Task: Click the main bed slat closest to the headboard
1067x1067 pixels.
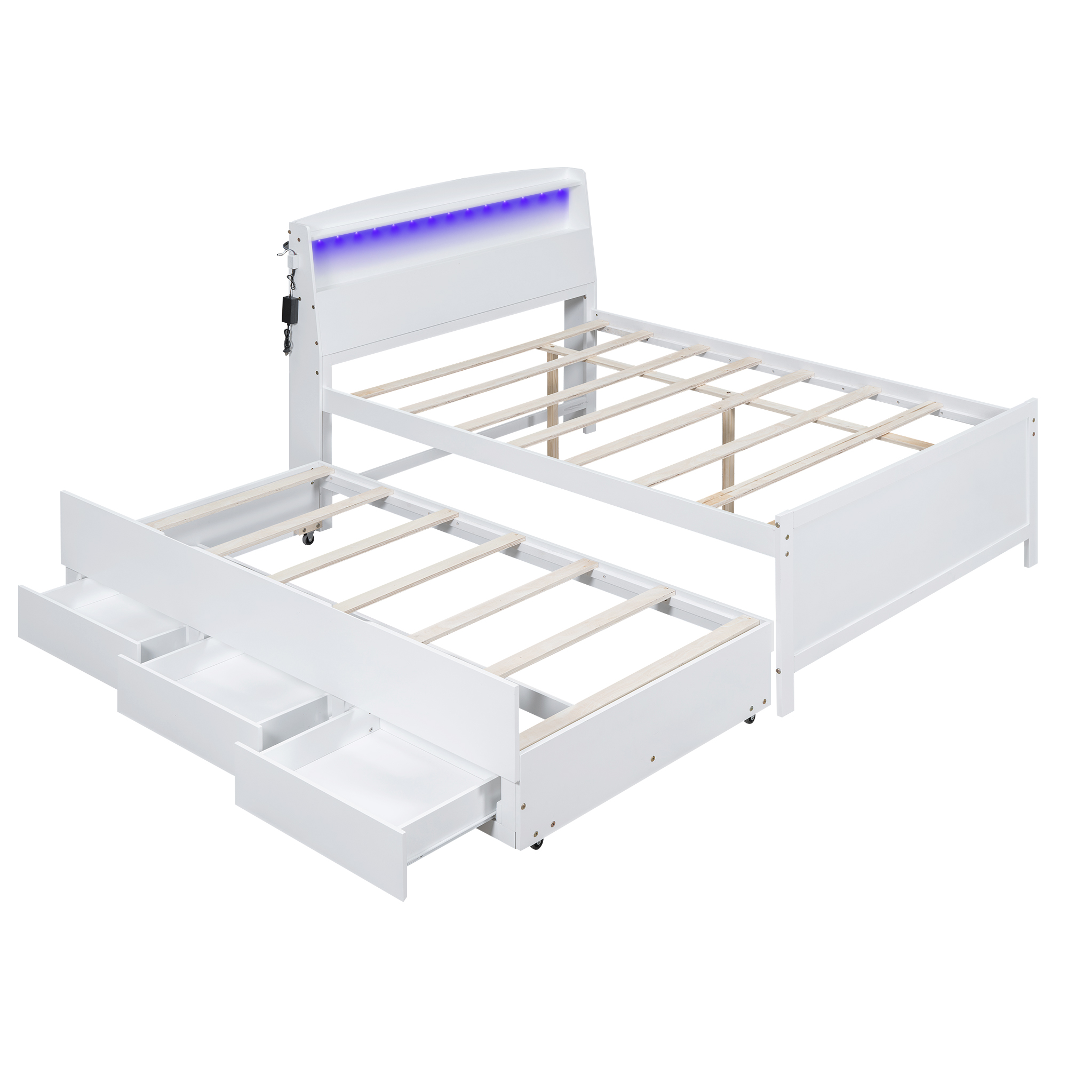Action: (x=486, y=360)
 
